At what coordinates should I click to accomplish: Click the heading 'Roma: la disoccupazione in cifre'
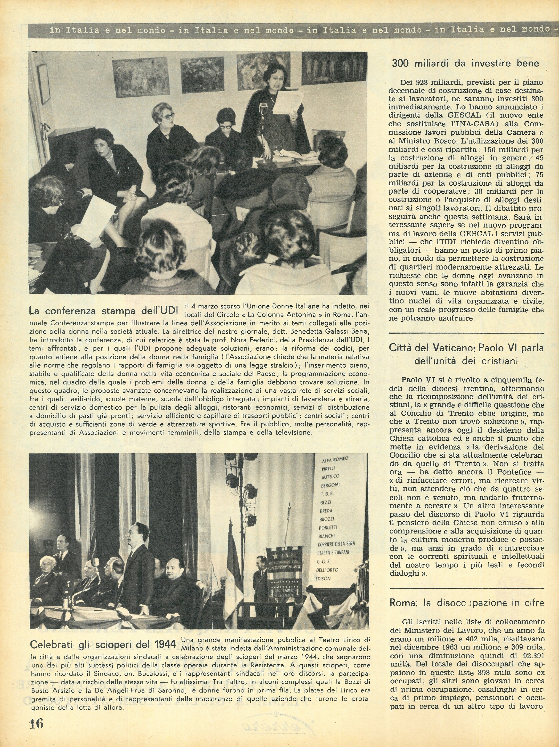(467, 603)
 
